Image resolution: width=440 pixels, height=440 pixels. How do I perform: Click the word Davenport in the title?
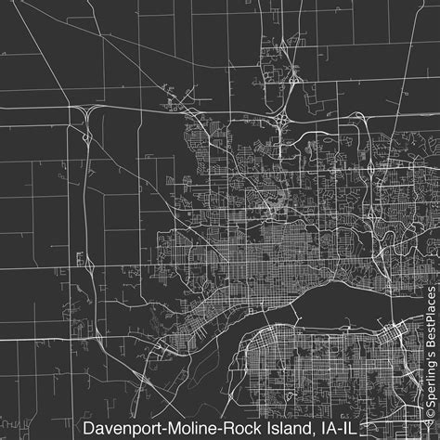point(120,428)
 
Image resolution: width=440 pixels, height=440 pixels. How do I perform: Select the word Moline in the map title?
point(189,428)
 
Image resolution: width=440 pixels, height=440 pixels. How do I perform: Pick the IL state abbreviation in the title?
point(347,428)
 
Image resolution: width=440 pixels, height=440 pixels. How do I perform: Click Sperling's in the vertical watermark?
point(430,389)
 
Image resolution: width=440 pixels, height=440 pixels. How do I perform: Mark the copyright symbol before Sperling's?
point(430,429)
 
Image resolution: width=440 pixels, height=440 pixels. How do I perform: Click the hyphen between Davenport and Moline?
point(162,429)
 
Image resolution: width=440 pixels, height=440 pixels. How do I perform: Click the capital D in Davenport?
point(86,428)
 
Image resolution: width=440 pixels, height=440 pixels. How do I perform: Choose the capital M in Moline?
point(171,428)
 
